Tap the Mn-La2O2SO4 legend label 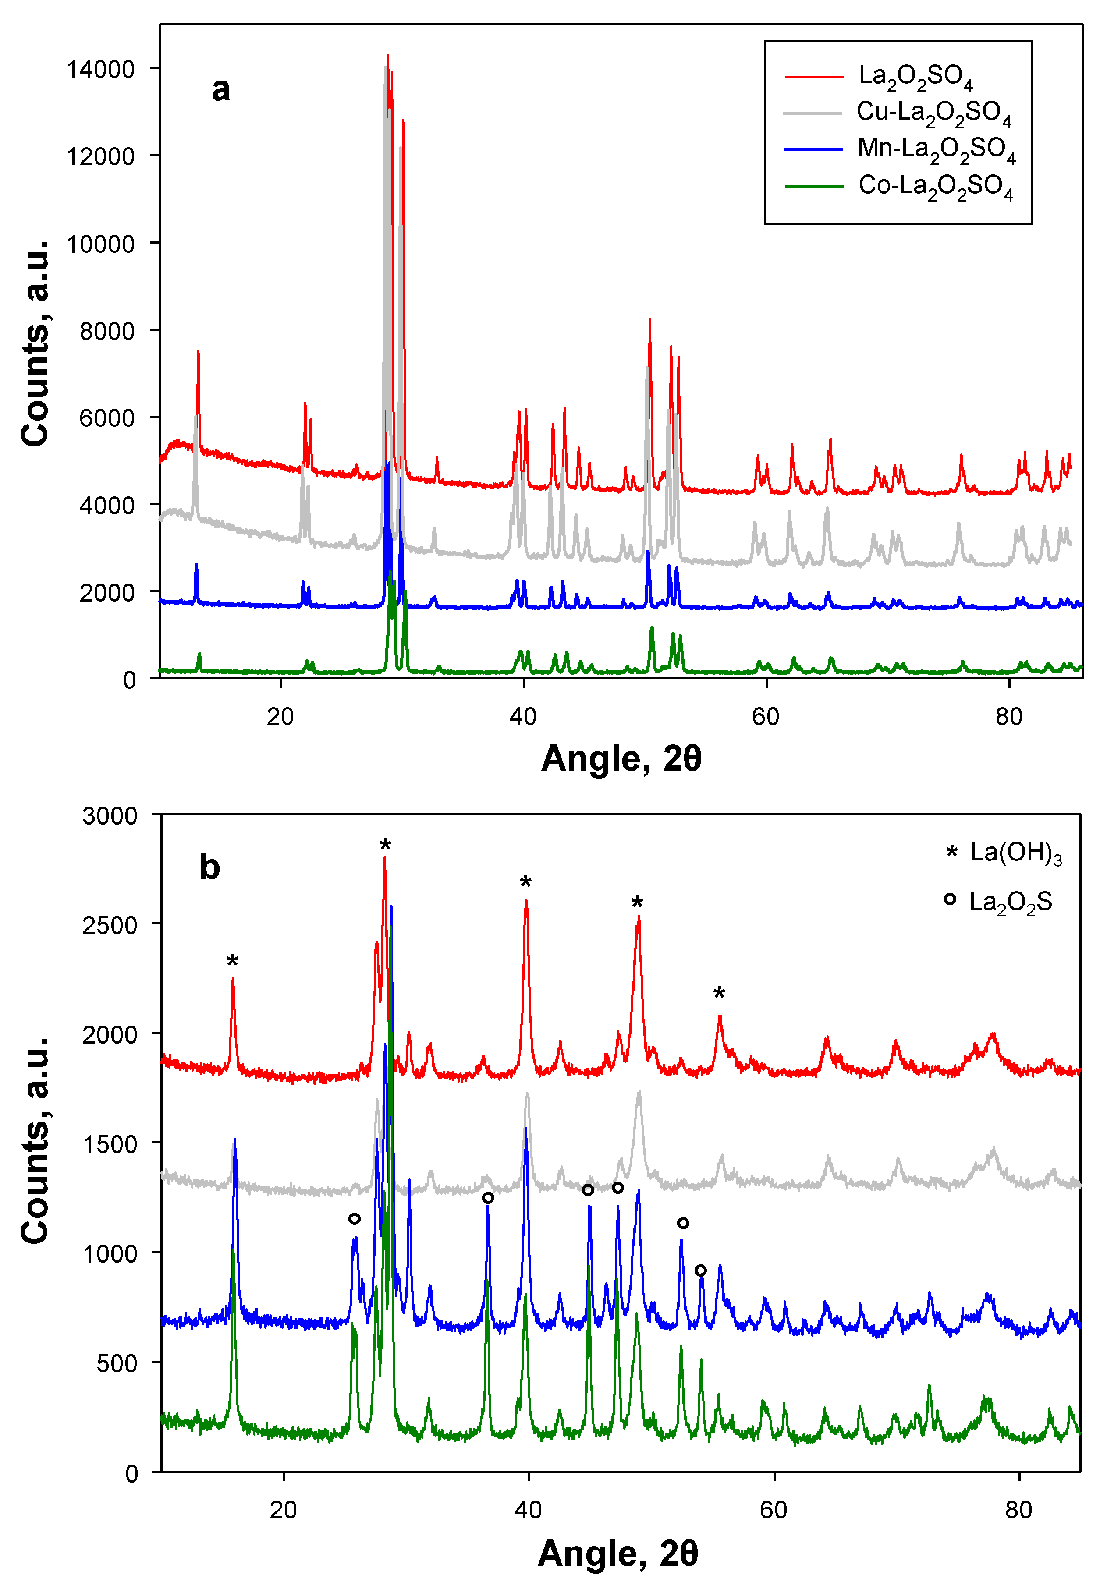[936, 149]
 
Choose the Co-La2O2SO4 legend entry [935, 187]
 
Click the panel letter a [220, 89]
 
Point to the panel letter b [209, 867]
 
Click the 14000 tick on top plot [101, 70]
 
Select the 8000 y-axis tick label [107, 332]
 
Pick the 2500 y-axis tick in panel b [110, 925]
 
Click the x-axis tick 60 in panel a [766, 717]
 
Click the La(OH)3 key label [1016, 853]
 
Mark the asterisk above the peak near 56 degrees [719, 993]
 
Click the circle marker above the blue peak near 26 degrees [354, 1219]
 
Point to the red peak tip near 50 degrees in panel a [649, 320]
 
